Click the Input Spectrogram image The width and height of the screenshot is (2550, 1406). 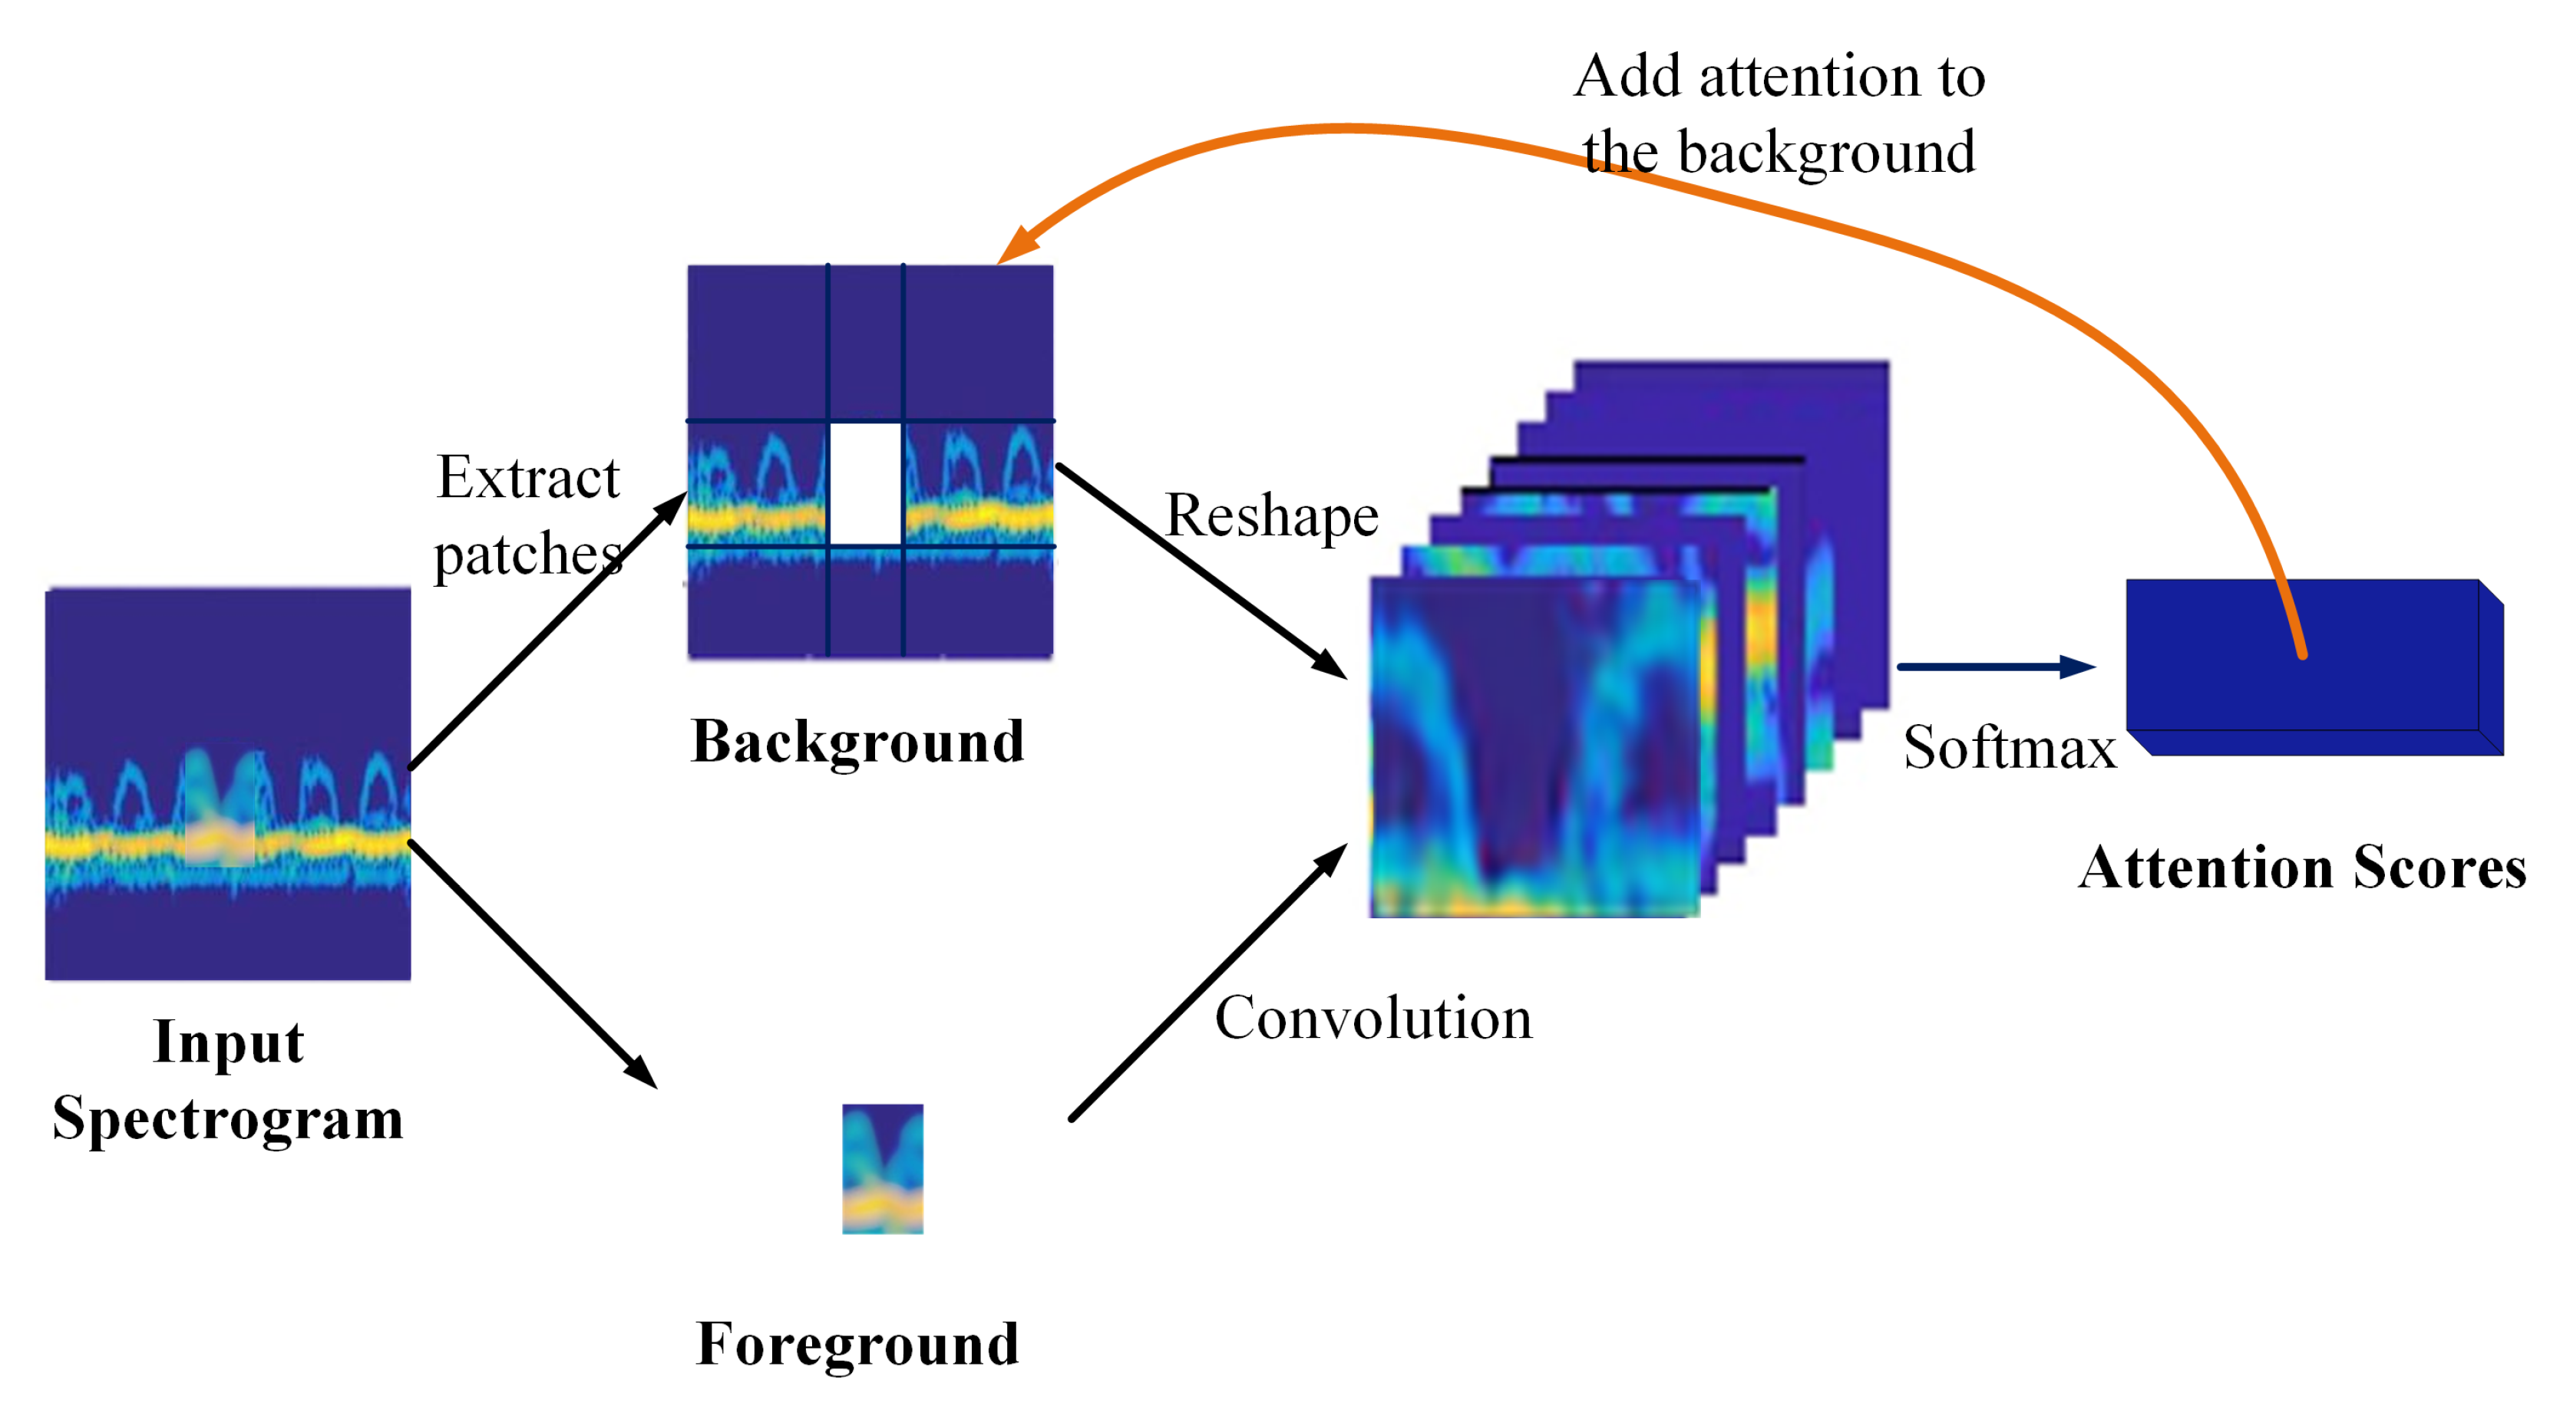pos(228,784)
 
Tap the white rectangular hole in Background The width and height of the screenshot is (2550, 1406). pos(865,485)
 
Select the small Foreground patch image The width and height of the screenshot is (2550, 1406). pos(882,1168)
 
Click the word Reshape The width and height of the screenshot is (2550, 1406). pos(1271,516)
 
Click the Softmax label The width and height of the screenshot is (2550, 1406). pos(2009,748)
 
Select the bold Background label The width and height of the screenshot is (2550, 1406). pos(857,741)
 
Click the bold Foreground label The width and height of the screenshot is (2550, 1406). pos(857,1344)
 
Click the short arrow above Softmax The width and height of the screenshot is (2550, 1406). pos(1995,667)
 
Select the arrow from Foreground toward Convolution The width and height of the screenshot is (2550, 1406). pos(1207,983)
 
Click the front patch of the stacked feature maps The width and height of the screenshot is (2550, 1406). pos(1534,747)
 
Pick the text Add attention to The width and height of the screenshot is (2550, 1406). pos(1779,77)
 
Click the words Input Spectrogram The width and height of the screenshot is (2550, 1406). pos(228,1081)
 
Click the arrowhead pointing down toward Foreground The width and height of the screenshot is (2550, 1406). pos(642,1072)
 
